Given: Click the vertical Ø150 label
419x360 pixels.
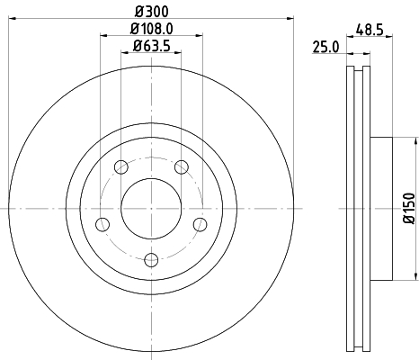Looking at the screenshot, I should (x=409, y=207).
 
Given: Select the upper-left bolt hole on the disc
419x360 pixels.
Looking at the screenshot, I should (x=120, y=166).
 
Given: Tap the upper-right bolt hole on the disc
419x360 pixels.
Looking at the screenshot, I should (x=181, y=166).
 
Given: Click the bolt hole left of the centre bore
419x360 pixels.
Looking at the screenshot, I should (x=102, y=223).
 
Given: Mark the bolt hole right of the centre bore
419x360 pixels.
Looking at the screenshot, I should (x=200, y=223).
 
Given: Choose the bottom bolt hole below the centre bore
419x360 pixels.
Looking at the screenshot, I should (x=151, y=259).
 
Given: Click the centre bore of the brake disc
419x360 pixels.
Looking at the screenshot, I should (x=151, y=208).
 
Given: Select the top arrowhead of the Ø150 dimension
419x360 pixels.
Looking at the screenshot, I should (x=415, y=141).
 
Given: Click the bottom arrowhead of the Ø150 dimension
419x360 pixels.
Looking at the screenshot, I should (x=415, y=274).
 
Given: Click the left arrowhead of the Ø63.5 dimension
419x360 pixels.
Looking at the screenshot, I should (x=124, y=53).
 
